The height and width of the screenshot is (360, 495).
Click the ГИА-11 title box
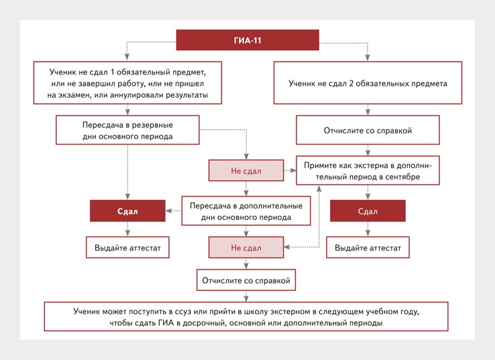pos(248,40)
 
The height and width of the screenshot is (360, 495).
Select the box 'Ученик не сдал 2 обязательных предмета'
pos(368,84)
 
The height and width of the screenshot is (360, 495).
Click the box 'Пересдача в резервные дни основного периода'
pos(127,131)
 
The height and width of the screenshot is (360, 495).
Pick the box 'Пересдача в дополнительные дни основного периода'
pos(246,211)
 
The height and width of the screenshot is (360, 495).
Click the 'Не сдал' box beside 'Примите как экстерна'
pos(246,171)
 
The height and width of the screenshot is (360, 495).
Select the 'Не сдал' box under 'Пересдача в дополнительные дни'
pos(246,247)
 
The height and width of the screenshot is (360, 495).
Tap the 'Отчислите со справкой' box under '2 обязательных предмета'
pos(368,130)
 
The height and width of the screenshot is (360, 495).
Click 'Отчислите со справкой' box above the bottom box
pos(246,280)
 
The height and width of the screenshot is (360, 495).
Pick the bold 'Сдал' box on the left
pos(127,211)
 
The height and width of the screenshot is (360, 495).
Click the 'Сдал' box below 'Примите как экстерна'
pos(368,211)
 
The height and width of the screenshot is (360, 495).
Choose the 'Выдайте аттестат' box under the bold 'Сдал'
pos(127,247)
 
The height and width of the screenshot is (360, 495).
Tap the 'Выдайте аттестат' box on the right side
pos(368,247)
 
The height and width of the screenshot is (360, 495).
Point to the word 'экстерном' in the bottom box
pos(297,312)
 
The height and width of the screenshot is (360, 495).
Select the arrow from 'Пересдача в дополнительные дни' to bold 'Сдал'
pos(173,211)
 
